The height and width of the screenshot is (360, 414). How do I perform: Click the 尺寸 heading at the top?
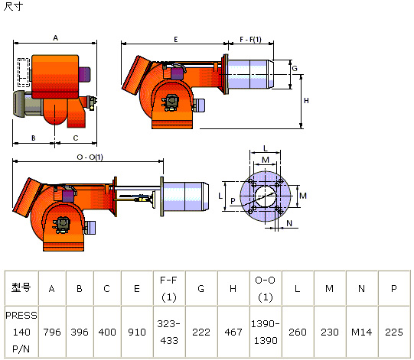13,6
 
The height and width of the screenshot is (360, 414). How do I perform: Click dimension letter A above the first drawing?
55,38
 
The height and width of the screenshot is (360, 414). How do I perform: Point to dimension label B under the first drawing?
33,138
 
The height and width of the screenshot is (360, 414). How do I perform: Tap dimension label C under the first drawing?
76,138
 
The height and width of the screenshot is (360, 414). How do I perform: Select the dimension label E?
176,40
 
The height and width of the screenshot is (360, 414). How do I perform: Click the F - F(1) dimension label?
250,40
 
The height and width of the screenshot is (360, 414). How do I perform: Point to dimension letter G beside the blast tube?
295,69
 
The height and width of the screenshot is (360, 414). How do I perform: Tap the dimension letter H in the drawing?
306,100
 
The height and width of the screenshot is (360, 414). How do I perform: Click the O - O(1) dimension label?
90,157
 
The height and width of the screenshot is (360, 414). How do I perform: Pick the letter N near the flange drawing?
289,223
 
